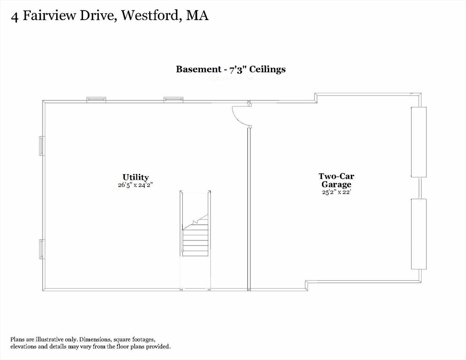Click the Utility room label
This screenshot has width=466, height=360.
(135, 177)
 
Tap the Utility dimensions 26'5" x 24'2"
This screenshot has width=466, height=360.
(135, 185)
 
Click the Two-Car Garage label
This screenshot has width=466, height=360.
(337, 180)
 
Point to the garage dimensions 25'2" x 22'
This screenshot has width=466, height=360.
(337, 192)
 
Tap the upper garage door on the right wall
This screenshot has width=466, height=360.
(419, 142)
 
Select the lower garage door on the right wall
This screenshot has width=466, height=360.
(419, 234)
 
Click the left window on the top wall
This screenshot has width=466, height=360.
(96, 100)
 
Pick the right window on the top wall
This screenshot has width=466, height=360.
(173, 100)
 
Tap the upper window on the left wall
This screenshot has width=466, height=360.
(42, 146)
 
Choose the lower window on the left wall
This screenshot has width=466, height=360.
(42, 249)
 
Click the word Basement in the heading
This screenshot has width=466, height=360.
(198, 69)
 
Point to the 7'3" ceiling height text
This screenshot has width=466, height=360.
(237, 69)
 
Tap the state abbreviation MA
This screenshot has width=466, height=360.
(197, 15)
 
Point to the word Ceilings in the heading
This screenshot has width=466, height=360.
(268, 69)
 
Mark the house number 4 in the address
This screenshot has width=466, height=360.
(14, 17)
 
